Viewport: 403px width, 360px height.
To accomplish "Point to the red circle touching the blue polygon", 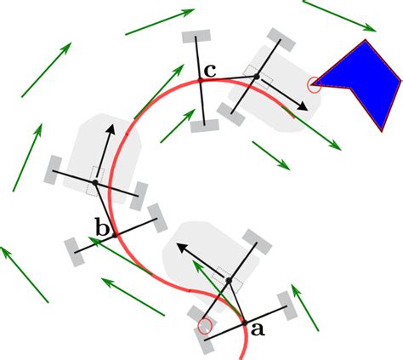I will click(314, 83).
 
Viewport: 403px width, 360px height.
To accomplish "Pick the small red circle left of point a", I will click(203, 324).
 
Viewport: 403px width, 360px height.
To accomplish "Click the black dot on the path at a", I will click(244, 323).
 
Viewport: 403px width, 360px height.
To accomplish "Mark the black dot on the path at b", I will click(114, 233).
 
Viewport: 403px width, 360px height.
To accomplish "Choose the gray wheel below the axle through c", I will click(203, 126).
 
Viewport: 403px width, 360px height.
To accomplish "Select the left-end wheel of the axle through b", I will click(73, 249).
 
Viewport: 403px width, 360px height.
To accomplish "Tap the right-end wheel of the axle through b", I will click(156, 216).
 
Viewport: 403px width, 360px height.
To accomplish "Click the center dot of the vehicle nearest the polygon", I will click(255, 77).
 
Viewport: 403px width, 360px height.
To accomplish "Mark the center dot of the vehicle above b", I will click(95, 183).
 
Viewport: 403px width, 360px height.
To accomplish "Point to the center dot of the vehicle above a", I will click(229, 280).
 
